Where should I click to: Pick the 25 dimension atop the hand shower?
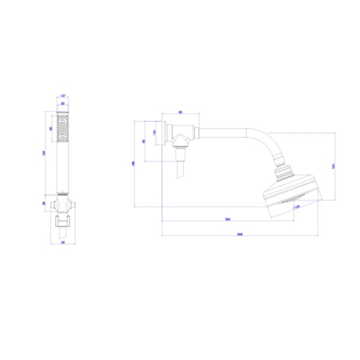pos(64,104)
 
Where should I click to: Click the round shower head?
pos(291,194)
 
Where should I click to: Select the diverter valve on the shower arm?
pos(182,137)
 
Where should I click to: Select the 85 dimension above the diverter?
pos(181,112)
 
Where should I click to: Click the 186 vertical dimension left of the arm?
pos(134,163)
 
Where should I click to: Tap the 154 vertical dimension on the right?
pos(333,166)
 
